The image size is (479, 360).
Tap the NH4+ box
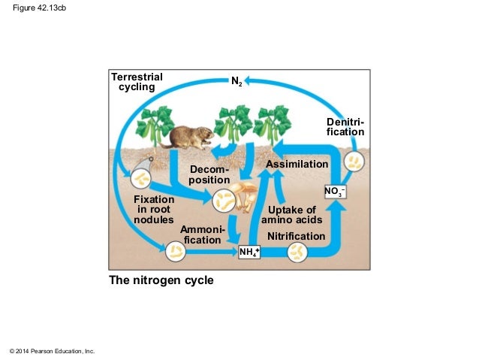249,252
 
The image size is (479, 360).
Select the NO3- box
335,192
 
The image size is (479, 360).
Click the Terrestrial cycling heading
137,81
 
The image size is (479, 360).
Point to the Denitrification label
345,127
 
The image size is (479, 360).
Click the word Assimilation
297,164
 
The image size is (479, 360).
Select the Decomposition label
209,175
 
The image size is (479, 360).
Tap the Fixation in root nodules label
154,210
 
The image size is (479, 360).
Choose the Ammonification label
202,234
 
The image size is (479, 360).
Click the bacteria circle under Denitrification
354,161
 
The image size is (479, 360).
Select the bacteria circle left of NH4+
176,251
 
